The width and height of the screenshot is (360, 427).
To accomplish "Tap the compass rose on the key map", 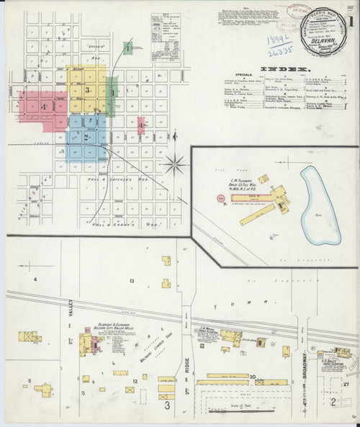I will point(174,165).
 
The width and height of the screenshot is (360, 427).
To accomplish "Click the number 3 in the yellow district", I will point(86,90).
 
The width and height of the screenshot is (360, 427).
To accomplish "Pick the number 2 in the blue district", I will point(86,138).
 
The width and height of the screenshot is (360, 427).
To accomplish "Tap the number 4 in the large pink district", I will point(44,107).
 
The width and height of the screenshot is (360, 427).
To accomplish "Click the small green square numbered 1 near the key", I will point(127,48).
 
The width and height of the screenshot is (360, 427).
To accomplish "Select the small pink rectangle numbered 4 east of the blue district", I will point(141,125).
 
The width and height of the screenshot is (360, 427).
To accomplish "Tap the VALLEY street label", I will point(72,308).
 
